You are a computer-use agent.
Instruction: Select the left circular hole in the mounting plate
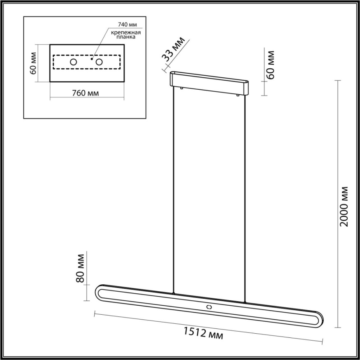(x=73, y=62)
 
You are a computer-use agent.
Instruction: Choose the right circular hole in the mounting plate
(x=99, y=62)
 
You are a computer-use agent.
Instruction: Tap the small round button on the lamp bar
(x=209, y=307)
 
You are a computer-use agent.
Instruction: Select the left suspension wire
(x=174, y=189)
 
